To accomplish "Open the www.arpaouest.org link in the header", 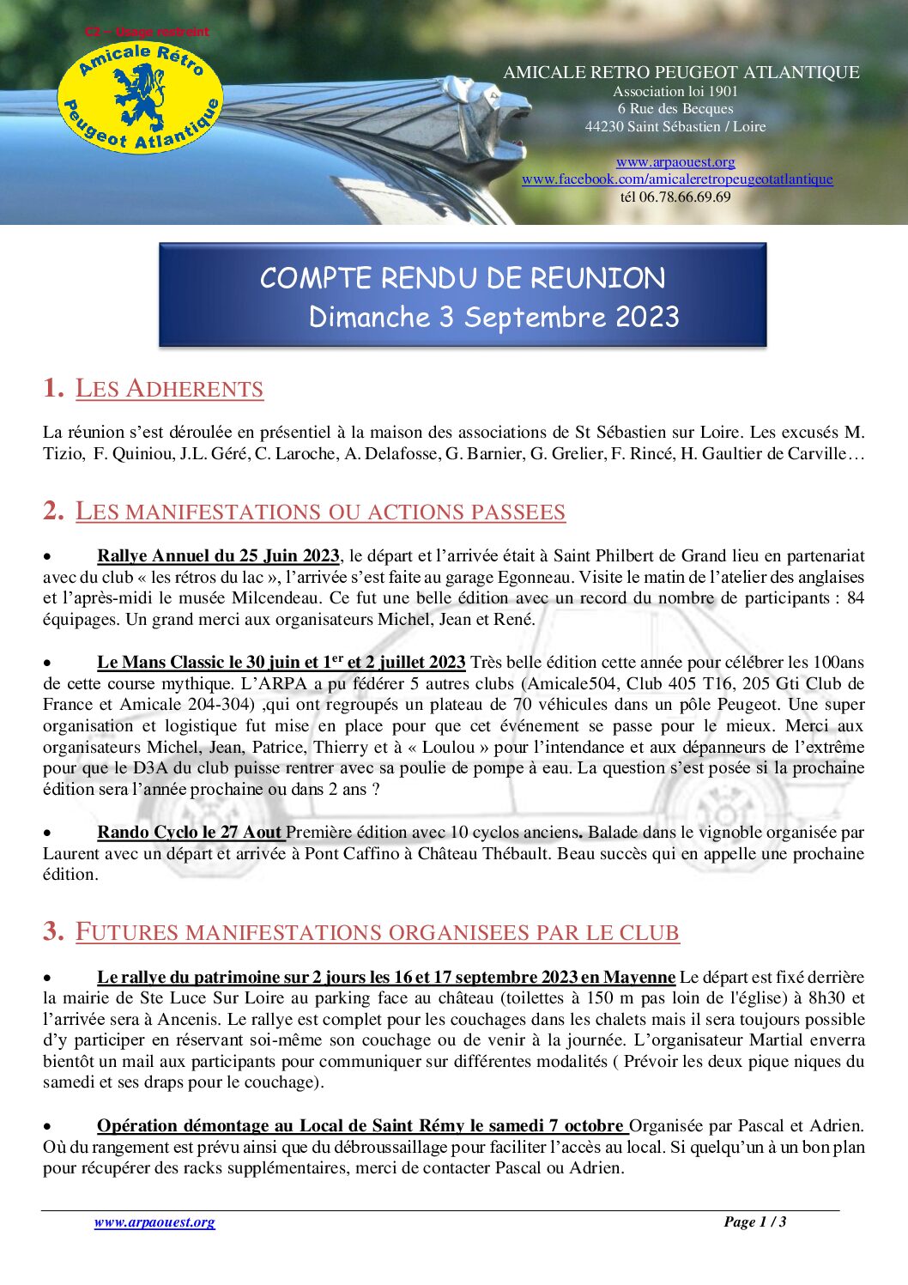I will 675,161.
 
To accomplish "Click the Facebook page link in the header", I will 677,179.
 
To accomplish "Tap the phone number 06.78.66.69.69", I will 685,197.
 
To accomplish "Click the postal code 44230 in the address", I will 604,126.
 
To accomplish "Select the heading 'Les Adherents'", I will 169,389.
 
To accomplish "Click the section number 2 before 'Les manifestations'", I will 53,511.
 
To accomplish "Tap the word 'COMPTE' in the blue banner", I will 315,278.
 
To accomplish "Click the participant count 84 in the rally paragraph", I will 855,598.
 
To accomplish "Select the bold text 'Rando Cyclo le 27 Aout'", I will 190,832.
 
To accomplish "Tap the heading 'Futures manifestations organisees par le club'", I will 377,932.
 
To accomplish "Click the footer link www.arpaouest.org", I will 154,1222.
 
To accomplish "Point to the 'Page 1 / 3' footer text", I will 754,1221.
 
